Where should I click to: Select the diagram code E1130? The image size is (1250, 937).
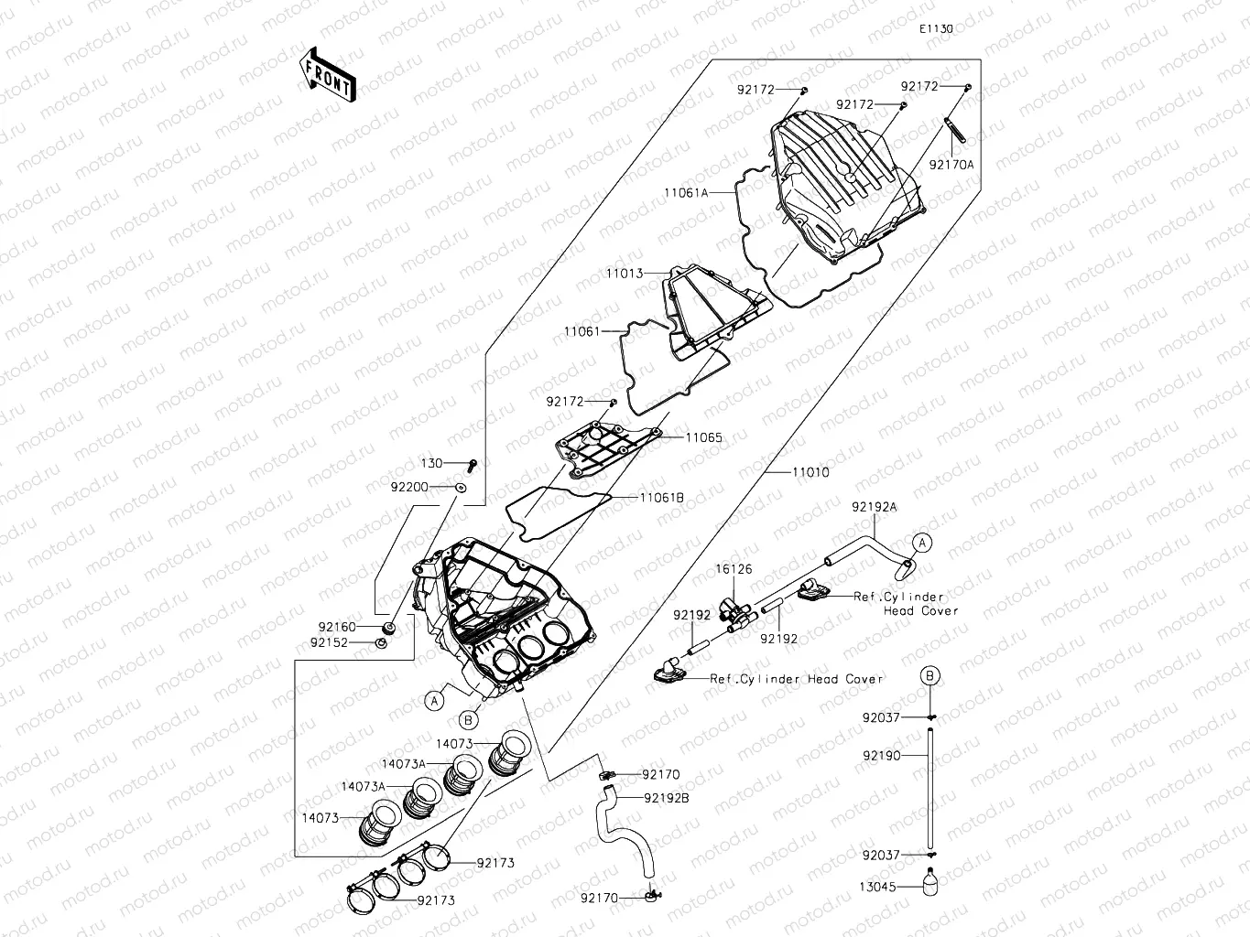(937, 28)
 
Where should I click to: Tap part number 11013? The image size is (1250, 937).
(624, 274)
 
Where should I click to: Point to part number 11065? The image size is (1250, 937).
(704, 437)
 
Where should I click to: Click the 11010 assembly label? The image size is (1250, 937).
(810, 472)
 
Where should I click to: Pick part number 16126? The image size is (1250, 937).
(734, 569)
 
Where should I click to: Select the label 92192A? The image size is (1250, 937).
(874, 506)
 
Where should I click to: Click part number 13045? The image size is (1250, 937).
(876, 886)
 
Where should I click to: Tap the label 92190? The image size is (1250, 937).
(882, 756)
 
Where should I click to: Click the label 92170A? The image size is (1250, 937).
(951, 165)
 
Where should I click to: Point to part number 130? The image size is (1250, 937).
(431, 464)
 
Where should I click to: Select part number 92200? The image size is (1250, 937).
(409, 487)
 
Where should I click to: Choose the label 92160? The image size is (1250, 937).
(337, 627)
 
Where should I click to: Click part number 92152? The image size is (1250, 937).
(329, 642)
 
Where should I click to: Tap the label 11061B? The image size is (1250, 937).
(661, 498)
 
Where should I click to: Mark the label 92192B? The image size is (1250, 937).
(667, 798)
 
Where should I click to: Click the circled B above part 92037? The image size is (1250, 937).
(929, 676)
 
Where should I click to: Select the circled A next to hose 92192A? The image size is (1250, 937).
(923, 543)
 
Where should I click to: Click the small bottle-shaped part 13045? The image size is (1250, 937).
(929, 886)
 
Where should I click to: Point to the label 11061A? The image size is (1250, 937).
(686, 193)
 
